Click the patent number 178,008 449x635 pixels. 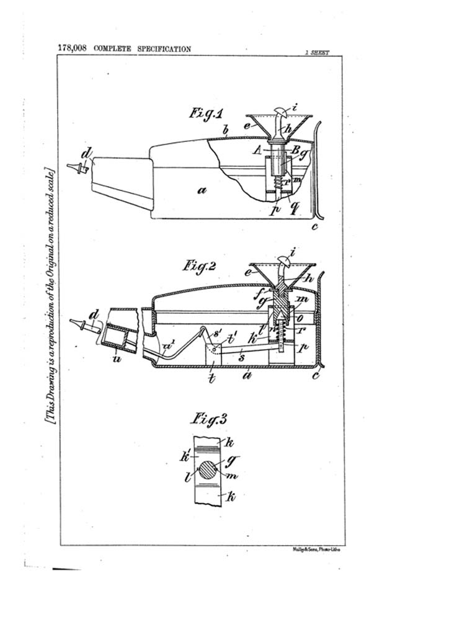tap(73, 48)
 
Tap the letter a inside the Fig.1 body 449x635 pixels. tap(202, 192)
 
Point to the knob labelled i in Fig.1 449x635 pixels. tap(282, 113)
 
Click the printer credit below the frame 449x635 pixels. tap(316, 550)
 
